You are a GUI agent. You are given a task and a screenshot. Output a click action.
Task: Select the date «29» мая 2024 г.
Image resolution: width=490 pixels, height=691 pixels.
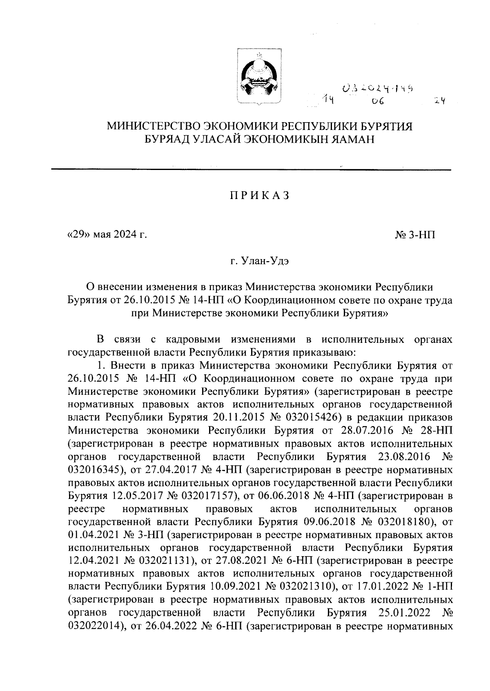tap(107, 235)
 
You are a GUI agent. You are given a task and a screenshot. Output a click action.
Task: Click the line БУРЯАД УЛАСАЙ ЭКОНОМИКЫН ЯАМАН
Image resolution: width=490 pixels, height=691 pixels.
tap(259, 139)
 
